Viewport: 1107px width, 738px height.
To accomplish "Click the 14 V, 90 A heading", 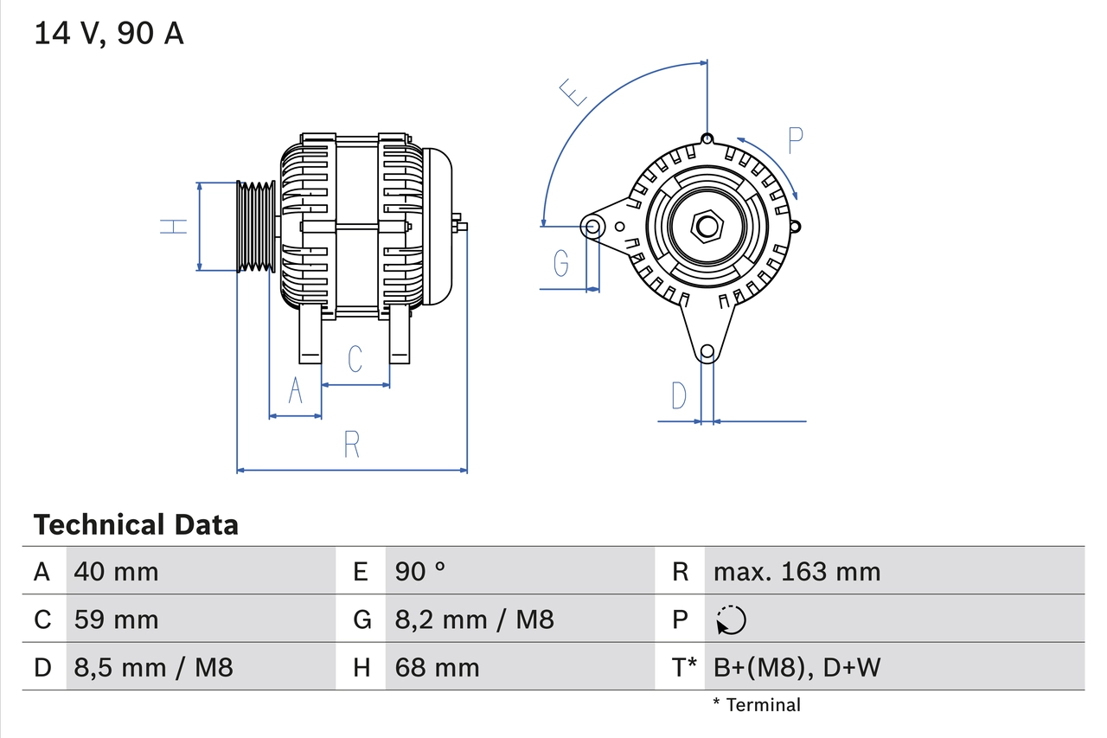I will [x=109, y=34].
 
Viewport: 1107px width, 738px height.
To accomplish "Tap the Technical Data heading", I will [x=136, y=524].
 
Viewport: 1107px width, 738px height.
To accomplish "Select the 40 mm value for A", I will [x=117, y=571].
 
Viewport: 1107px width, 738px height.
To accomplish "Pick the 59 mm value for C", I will [x=117, y=619].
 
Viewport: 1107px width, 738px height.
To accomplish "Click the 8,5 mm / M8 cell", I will [x=153, y=667].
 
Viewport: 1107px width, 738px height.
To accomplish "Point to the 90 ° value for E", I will [x=420, y=571].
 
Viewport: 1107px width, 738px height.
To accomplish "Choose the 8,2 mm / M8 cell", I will [x=474, y=619].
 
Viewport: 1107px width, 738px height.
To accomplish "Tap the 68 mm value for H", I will [x=437, y=667].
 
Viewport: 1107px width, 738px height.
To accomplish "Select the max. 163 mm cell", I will [x=797, y=571].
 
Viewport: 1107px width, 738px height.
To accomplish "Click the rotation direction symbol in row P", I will [x=731, y=619].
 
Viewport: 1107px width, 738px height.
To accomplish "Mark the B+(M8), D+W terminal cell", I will [x=797, y=667].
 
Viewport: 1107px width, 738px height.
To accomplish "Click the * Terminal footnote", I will [x=757, y=705].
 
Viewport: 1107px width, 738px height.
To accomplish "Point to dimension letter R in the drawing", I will [x=351, y=444].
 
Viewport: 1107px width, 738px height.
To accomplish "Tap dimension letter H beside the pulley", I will [x=174, y=227].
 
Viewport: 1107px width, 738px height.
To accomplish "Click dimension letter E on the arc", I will [x=573, y=92].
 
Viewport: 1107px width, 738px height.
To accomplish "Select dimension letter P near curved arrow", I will [x=796, y=140].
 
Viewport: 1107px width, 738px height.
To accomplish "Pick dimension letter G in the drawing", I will [x=561, y=261].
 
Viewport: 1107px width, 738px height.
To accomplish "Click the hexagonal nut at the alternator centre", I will [x=707, y=227].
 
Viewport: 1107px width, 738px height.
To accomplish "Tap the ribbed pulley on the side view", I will [x=256, y=227].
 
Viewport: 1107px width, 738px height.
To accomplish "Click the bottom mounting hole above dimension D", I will [x=707, y=351].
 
